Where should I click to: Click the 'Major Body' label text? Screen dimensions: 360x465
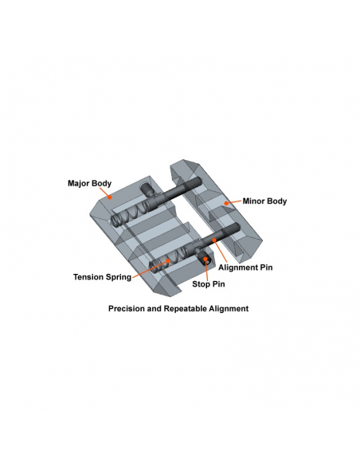[89, 183]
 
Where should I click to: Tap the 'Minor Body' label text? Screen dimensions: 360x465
[264, 201]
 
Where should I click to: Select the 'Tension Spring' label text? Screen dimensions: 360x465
[102, 277]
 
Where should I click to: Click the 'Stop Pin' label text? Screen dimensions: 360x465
[209, 284]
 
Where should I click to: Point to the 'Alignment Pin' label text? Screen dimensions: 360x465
[245, 268]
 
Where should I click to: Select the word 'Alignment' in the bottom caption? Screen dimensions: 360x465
[229, 309]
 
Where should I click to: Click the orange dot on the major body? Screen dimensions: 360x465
[110, 197]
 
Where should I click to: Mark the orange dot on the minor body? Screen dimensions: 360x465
[226, 203]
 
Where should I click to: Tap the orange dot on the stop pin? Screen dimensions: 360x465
[205, 259]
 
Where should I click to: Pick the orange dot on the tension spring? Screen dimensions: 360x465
[169, 261]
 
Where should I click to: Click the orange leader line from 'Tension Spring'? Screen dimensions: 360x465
[151, 269]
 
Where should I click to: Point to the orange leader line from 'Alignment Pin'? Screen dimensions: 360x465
[221, 252]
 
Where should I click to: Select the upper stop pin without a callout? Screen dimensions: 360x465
[147, 190]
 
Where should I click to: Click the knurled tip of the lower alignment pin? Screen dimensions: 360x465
[233, 229]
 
